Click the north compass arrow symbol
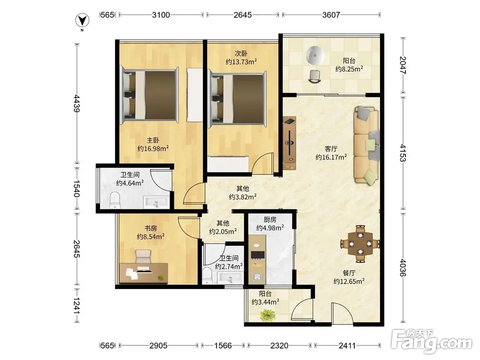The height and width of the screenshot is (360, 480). (x=82, y=21)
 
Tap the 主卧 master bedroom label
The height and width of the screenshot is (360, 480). (x=153, y=140)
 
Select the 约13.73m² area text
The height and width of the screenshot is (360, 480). (x=241, y=62)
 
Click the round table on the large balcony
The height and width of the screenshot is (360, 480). (x=315, y=55)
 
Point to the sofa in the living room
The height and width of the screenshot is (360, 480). (x=367, y=145)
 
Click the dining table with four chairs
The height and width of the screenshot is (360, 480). (x=361, y=244)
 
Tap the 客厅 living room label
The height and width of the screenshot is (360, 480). (x=331, y=149)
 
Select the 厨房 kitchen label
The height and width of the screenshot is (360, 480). (x=270, y=220)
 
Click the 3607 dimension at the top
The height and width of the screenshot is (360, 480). (x=331, y=15)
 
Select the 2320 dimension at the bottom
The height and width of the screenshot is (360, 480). (x=279, y=346)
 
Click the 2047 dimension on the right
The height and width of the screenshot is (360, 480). (x=403, y=65)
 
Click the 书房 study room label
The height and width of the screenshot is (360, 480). (x=151, y=228)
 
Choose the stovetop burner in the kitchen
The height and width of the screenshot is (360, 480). (x=258, y=255)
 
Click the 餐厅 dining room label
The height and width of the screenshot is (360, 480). (x=349, y=273)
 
